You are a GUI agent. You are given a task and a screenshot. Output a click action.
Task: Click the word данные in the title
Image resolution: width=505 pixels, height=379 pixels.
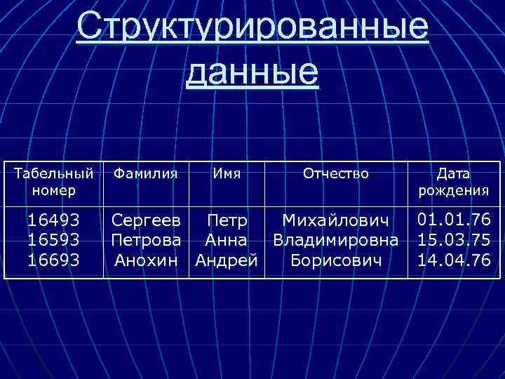tap(252, 72)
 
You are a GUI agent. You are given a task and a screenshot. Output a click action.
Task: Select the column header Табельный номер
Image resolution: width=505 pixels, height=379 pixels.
tap(54, 181)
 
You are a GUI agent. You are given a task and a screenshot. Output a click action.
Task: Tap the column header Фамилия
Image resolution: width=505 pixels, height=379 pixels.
tap(145, 173)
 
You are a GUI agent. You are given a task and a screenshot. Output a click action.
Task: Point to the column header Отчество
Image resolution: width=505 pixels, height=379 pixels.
tap(335, 173)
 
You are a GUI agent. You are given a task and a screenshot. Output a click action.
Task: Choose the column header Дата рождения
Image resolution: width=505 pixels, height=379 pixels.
tap(453, 181)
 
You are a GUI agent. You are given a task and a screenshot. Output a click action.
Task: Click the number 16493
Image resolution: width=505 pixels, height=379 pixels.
tap(54, 221)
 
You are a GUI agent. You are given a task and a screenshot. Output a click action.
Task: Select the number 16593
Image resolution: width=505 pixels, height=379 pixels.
tap(54, 241)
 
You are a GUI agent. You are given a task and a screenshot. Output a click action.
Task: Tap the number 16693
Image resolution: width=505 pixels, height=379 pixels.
tap(54, 260)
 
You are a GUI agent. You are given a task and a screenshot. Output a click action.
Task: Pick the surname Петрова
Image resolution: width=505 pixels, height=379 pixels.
tap(146, 241)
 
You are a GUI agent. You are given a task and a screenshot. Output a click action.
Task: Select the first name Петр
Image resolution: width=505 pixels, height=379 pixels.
tap(227, 221)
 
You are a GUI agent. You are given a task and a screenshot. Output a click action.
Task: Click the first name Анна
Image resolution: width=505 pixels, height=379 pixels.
tap(226, 241)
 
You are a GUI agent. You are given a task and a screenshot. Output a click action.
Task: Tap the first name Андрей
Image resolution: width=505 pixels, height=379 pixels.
tap(226, 260)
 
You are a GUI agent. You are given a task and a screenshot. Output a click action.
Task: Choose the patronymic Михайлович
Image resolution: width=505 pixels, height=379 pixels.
tap(335, 221)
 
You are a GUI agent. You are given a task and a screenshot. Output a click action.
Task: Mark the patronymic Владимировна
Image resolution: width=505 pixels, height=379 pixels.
tap(335, 241)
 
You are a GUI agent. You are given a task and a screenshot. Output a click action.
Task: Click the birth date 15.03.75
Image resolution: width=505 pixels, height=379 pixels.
tap(454, 241)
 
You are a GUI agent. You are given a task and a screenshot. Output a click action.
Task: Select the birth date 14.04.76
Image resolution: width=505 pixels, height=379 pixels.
tap(454, 260)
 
